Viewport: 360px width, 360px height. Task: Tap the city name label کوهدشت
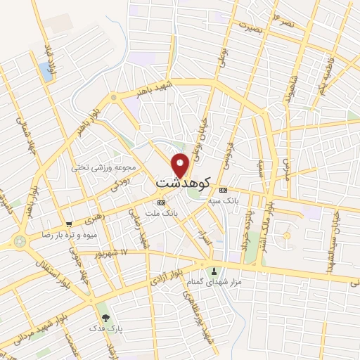pyautogui.click(x=181, y=182)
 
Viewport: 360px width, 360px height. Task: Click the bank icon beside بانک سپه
pyautogui.click(x=224, y=191)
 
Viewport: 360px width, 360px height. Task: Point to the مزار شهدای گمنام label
pyautogui.click(x=214, y=282)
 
